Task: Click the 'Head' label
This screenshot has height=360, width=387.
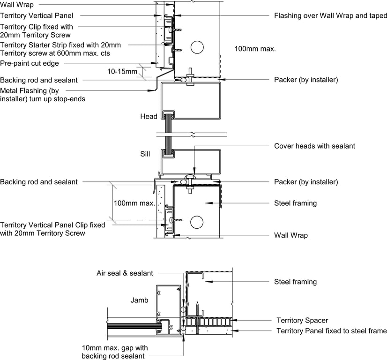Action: click(x=149, y=116)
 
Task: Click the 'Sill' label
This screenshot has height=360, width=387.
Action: click(x=145, y=153)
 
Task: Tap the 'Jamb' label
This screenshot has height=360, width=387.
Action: click(x=140, y=300)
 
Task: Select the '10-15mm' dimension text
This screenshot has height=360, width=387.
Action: click(x=122, y=72)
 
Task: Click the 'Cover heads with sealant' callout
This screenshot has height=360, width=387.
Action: click(x=314, y=146)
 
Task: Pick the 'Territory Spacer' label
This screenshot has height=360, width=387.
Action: click(x=302, y=321)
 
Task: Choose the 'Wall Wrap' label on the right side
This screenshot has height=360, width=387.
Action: click(x=291, y=235)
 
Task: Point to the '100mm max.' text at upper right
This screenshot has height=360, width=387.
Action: click(x=255, y=48)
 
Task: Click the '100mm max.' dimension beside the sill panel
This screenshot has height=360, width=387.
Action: click(x=134, y=203)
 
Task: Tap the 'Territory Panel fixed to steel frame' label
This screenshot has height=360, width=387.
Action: click(x=331, y=331)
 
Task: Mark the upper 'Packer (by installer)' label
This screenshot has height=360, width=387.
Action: click(x=305, y=80)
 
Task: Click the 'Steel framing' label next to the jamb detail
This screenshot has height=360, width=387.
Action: click(x=295, y=282)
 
